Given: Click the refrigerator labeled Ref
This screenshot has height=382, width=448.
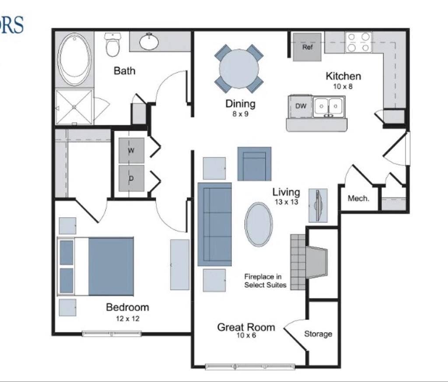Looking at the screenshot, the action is pos(307,47).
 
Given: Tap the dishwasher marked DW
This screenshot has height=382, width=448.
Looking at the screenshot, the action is pos(300,107).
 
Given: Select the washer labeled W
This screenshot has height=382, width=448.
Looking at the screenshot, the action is pos(131,150).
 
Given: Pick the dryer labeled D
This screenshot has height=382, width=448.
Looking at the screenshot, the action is pos(131,178).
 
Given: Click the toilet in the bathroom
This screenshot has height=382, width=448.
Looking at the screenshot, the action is pos(112,45).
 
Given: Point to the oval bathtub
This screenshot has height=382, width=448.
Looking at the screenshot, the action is pos(74,59).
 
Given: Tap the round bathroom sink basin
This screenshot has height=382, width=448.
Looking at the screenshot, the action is pos(149,42).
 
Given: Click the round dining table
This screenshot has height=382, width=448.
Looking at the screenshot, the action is pos(239,69).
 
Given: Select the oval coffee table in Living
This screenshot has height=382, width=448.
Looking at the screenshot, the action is pos(259,224).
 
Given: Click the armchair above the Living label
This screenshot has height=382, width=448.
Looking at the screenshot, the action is pos(254,164).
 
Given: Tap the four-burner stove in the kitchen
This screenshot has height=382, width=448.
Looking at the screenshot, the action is pos(358,42).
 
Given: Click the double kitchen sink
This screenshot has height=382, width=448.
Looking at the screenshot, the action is pos(329,107).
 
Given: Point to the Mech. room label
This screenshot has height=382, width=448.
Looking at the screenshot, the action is pos(358,198).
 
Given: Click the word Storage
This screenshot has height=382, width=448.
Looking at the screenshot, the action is pos(318,334).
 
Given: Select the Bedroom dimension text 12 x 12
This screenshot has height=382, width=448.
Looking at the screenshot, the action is pos(127,318).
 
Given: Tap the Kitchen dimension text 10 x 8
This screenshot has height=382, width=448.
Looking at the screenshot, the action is pos(343,86).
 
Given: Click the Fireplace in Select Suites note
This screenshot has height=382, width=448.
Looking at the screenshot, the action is pos(265,281).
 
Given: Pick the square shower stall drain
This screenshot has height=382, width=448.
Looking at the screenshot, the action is pos(74,107).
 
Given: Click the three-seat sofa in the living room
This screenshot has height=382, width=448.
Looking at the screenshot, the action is pos(214,224).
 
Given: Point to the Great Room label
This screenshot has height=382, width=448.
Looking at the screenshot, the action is pos(246,327).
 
